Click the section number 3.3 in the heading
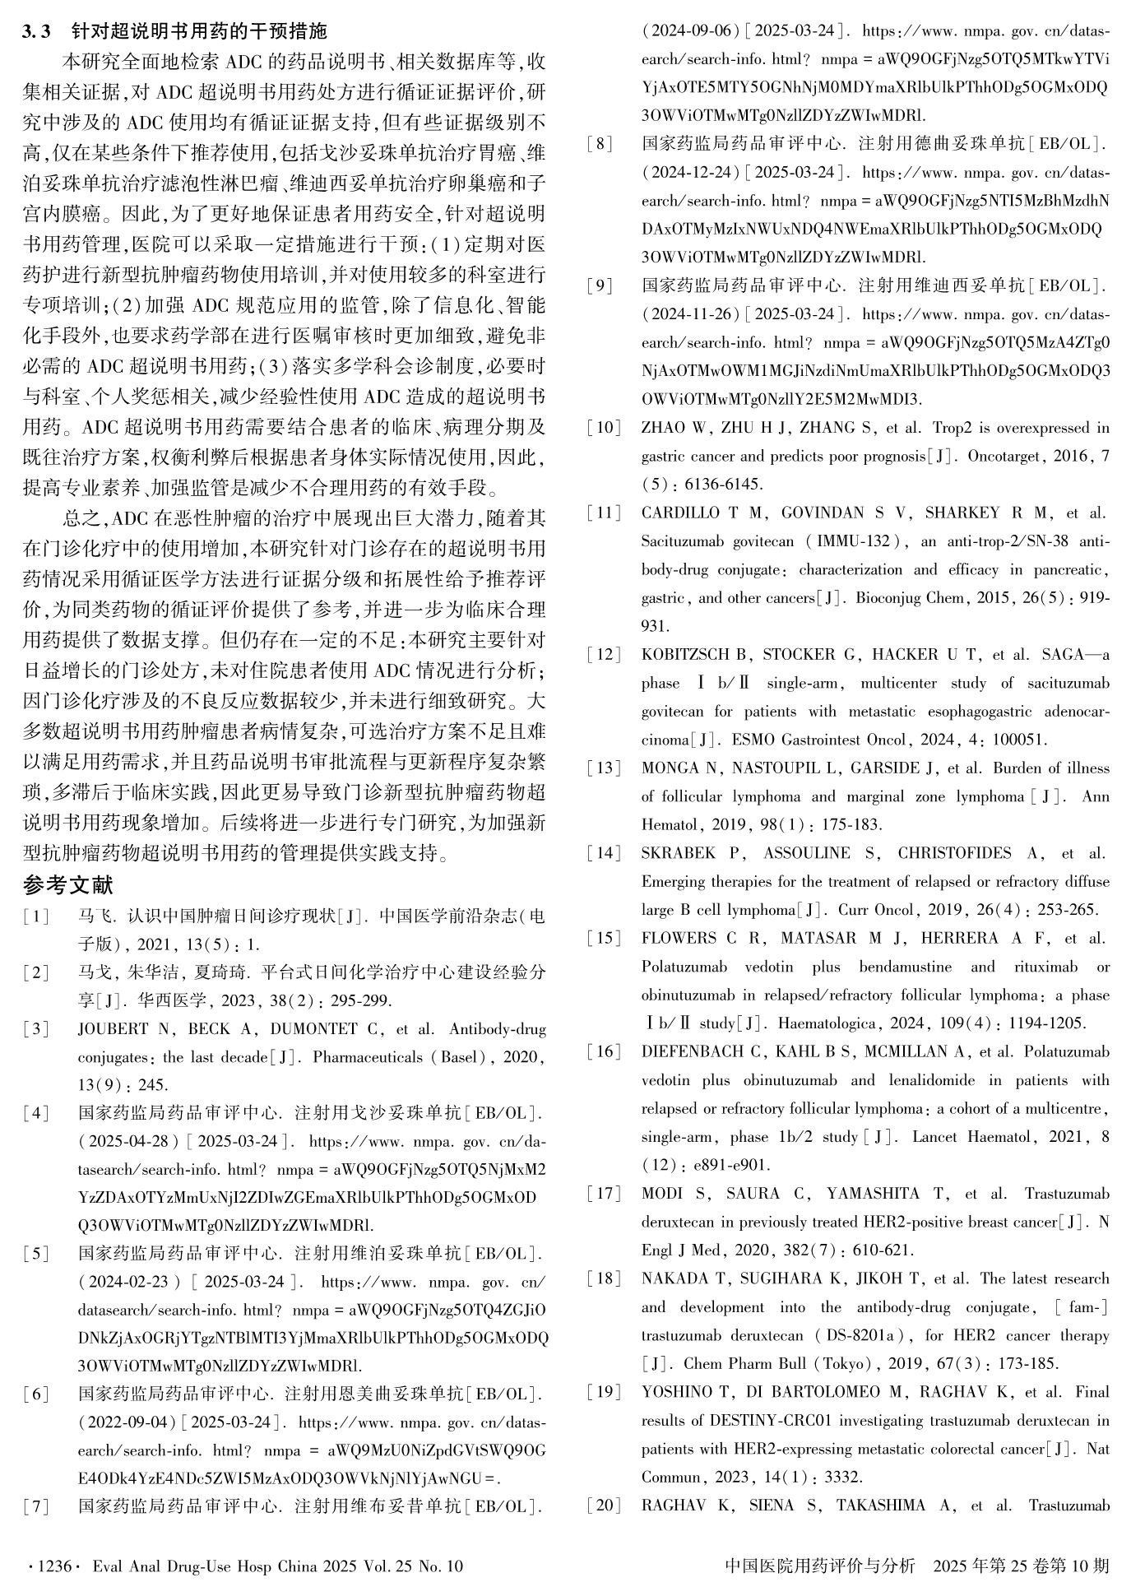[x=37, y=31]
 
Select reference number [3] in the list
[x=36, y=1029]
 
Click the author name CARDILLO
[x=681, y=513]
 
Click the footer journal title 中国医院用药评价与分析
[x=819, y=1566]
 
